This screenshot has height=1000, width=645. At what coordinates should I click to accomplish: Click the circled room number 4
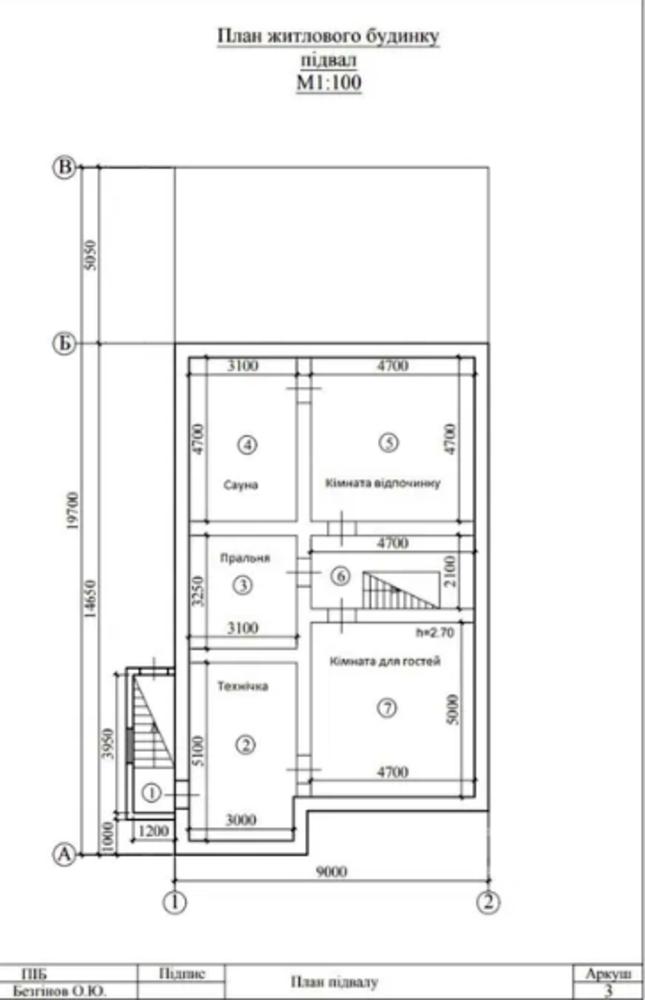[248, 444]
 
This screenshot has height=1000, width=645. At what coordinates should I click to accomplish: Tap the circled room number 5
[389, 442]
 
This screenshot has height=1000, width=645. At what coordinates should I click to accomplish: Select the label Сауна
[241, 485]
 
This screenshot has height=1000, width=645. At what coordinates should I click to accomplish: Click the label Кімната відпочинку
[383, 482]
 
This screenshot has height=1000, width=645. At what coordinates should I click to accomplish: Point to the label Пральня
[245, 558]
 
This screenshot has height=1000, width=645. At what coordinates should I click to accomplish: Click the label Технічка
[242, 686]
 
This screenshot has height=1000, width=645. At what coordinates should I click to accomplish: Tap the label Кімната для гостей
[385, 661]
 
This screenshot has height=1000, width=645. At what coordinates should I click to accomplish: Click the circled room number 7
[387, 707]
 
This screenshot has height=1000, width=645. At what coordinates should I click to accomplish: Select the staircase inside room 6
[401, 591]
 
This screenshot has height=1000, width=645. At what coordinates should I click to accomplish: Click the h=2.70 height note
[435, 633]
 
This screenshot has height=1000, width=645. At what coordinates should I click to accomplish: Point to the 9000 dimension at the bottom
[332, 871]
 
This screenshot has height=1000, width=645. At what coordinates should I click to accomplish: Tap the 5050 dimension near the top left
[91, 255]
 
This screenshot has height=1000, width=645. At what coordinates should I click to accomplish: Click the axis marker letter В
[65, 168]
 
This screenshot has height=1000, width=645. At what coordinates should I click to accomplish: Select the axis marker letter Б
[65, 344]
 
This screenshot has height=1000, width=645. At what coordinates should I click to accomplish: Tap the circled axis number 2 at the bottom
[489, 902]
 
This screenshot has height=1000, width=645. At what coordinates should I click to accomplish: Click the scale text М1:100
[329, 83]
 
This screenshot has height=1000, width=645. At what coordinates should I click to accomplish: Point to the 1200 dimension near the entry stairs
[153, 830]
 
